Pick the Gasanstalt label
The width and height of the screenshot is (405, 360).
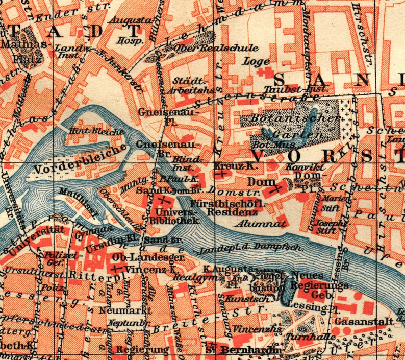click(x=364, y=322)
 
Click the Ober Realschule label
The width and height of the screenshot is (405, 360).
click(x=216, y=48)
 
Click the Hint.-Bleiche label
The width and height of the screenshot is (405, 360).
click(x=96, y=132)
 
